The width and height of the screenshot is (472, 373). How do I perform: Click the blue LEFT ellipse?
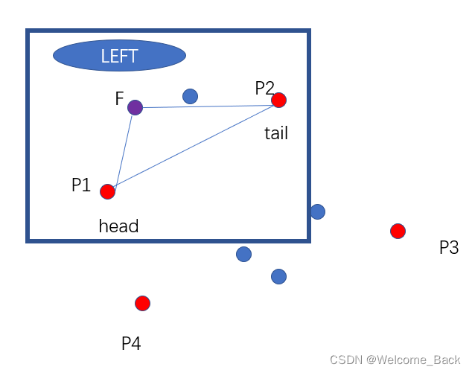119,56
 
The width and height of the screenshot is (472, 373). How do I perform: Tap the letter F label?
119,99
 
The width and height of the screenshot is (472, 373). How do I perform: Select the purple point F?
135,108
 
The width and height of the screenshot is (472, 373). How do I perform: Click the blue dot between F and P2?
190,96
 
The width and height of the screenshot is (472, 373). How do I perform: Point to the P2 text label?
264,89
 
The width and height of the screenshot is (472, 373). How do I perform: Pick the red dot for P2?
278,100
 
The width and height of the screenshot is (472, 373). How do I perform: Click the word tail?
276,134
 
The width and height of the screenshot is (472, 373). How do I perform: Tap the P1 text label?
81,185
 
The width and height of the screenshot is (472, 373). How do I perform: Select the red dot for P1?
108,192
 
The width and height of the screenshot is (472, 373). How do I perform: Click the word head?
119,226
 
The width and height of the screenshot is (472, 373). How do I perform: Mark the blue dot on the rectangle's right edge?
317,211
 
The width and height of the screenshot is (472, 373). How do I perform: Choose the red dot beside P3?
398,231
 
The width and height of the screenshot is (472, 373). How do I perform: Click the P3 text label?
449,248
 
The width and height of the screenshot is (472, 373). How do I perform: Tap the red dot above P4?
142,303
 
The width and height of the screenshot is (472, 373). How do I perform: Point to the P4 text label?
131,343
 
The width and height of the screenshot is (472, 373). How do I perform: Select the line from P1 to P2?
194,147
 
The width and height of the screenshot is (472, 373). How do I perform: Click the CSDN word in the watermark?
345,360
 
